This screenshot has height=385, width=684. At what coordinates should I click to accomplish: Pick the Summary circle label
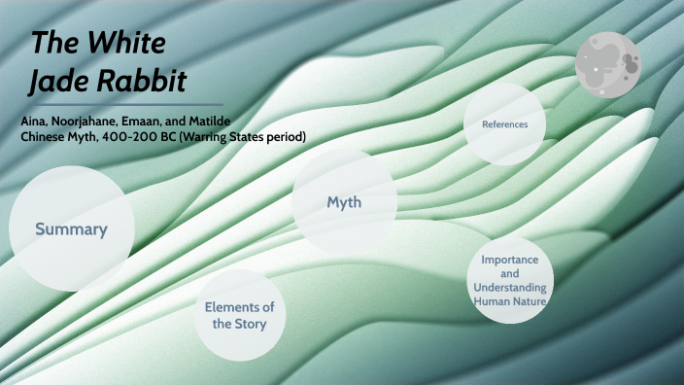(71, 229)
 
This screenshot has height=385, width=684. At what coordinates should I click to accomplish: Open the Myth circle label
(344, 202)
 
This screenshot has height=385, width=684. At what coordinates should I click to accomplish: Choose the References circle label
(504, 124)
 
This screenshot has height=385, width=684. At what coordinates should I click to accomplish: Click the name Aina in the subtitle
(35, 121)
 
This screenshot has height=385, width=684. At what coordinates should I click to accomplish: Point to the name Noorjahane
(95, 121)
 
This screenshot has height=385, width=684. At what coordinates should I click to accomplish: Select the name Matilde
(232, 121)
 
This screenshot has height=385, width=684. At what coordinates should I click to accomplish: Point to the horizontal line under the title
(124, 104)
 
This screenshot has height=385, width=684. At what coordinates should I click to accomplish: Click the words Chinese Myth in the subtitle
(51, 137)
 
